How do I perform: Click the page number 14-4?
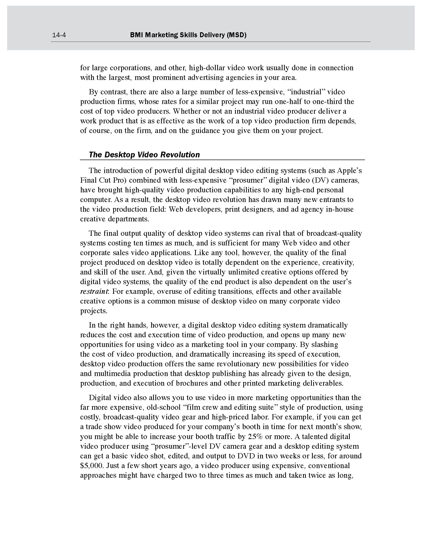(x=59, y=35)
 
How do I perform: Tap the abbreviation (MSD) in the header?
(x=236, y=35)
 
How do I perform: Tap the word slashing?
(x=324, y=345)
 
